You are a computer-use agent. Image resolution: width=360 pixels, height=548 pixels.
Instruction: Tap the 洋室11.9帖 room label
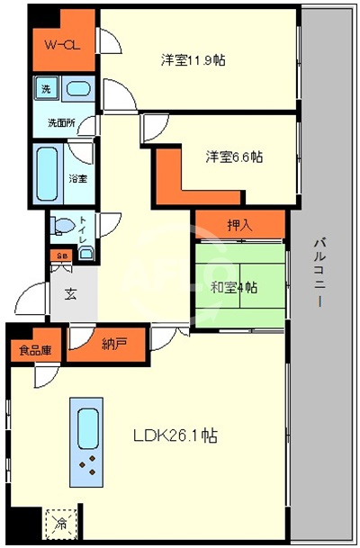193,61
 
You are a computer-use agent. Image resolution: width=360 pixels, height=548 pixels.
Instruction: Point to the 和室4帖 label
235,287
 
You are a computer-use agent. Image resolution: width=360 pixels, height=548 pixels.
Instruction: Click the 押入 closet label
238,225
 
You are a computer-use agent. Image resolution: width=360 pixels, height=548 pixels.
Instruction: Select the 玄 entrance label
69,292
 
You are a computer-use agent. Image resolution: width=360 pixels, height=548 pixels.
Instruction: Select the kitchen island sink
88,427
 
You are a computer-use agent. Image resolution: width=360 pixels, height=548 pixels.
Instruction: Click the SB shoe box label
61,256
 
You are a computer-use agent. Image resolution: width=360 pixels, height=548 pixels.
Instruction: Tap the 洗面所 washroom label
61,120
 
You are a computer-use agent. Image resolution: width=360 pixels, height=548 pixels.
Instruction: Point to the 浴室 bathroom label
78,177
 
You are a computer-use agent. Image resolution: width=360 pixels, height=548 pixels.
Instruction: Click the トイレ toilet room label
83,225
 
